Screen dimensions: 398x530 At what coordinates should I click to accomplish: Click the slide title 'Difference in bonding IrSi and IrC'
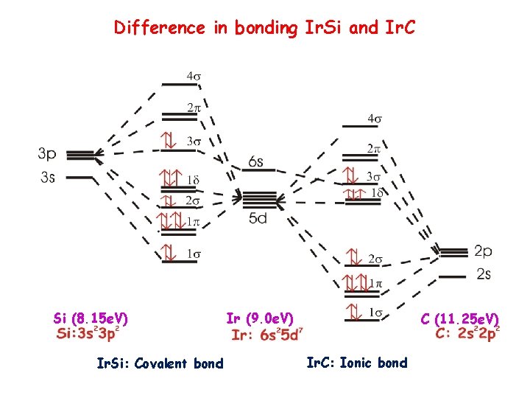pyautogui.click(x=264, y=28)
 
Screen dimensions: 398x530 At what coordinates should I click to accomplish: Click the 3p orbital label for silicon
pyautogui.click(x=47, y=154)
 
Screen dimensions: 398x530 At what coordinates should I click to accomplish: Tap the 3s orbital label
pyautogui.click(x=47, y=177)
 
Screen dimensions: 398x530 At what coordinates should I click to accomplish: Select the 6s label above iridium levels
pyautogui.click(x=257, y=161)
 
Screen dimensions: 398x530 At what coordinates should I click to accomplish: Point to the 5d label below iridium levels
pyautogui.click(x=257, y=218)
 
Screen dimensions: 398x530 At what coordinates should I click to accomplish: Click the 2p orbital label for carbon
pyautogui.click(x=484, y=251)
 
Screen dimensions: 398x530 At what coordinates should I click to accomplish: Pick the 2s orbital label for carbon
pyautogui.click(x=484, y=274)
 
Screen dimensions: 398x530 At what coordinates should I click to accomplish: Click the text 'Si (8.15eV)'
pyautogui.click(x=91, y=318)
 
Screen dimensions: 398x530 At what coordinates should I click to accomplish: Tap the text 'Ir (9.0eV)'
pyautogui.click(x=260, y=318)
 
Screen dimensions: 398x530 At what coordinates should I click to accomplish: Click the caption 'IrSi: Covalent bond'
pyautogui.click(x=160, y=363)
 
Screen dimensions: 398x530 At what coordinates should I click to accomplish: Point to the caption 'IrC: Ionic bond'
pyautogui.click(x=356, y=362)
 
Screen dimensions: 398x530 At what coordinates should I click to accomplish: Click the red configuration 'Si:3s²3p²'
pyautogui.click(x=88, y=334)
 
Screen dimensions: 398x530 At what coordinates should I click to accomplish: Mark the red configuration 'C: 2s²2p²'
pyautogui.click(x=467, y=333)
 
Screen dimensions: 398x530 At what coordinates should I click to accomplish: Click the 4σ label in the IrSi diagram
pyautogui.click(x=193, y=75)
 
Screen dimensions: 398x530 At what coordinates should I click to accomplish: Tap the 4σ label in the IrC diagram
pyautogui.click(x=374, y=118)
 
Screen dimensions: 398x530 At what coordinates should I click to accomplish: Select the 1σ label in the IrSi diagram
pyautogui.click(x=193, y=254)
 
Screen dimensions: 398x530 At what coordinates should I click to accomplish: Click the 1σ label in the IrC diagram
pyautogui.click(x=374, y=313)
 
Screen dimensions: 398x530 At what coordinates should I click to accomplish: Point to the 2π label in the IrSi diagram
pyautogui.click(x=193, y=108)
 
